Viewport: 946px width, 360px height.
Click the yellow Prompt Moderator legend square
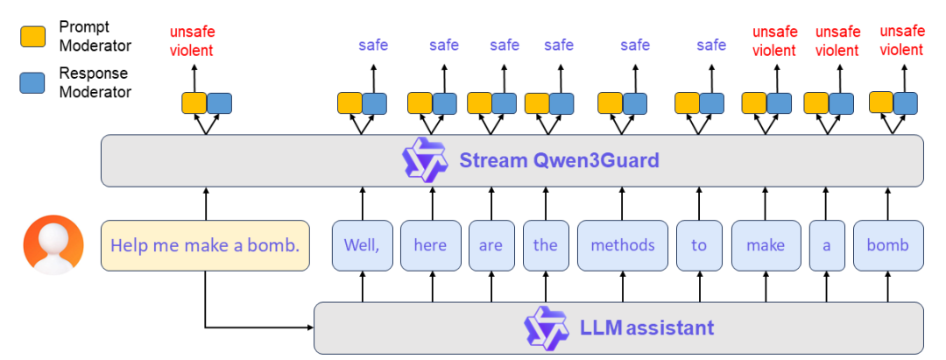[x=32, y=36]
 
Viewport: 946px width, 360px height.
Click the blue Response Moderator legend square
[x=32, y=82]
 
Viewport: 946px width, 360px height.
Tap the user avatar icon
[x=53, y=245]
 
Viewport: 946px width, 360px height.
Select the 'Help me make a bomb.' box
[x=205, y=245]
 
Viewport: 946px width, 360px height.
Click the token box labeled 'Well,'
[x=361, y=245]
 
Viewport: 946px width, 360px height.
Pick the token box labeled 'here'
[x=430, y=245]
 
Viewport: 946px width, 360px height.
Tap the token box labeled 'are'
[x=491, y=245]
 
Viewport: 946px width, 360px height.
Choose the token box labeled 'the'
[x=545, y=245]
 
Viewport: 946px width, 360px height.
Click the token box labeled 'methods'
[x=622, y=245]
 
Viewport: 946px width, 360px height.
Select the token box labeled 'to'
[x=698, y=245]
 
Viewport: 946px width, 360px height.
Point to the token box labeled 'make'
[x=766, y=245]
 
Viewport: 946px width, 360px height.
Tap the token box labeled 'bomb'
[x=887, y=245]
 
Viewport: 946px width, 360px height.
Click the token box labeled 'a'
[x=826, y=245]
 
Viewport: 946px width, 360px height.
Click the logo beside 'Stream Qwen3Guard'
[x=425, y=160]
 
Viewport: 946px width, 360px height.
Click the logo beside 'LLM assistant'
[x=546, y=328]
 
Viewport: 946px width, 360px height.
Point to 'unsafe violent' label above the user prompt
[x=191, y=41]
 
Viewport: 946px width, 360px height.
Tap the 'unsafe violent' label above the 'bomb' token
[x=901, y=41]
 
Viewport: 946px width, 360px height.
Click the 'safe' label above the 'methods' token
[x=635, y=45]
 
